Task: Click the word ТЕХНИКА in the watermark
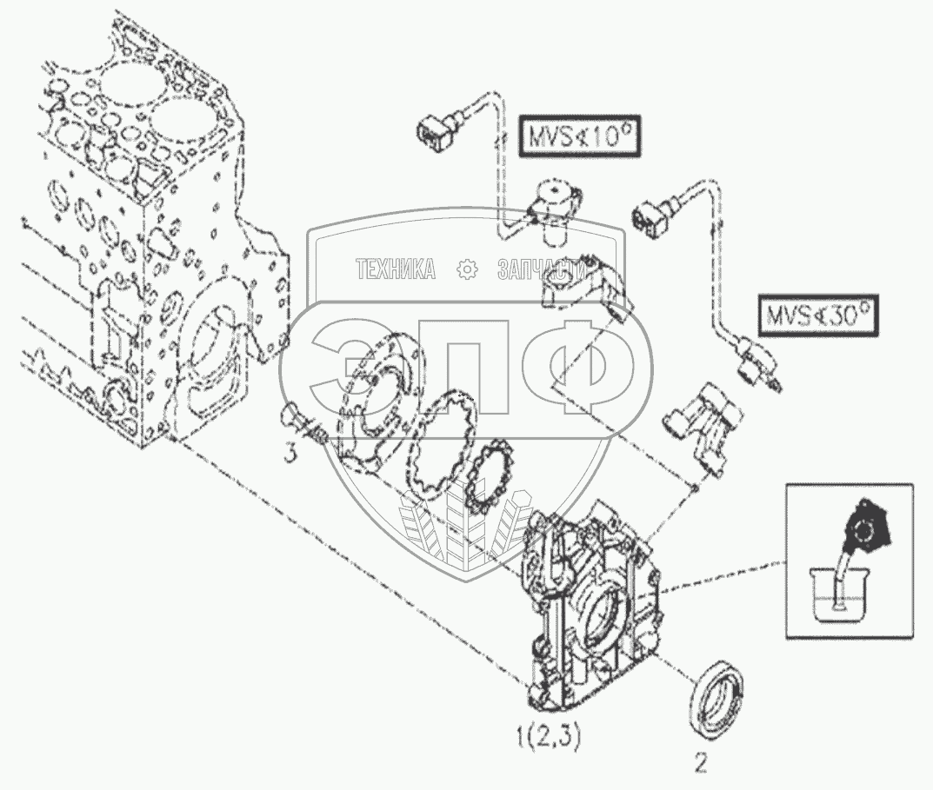(x=396, y=270)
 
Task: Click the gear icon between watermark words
(x=467, y=270)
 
